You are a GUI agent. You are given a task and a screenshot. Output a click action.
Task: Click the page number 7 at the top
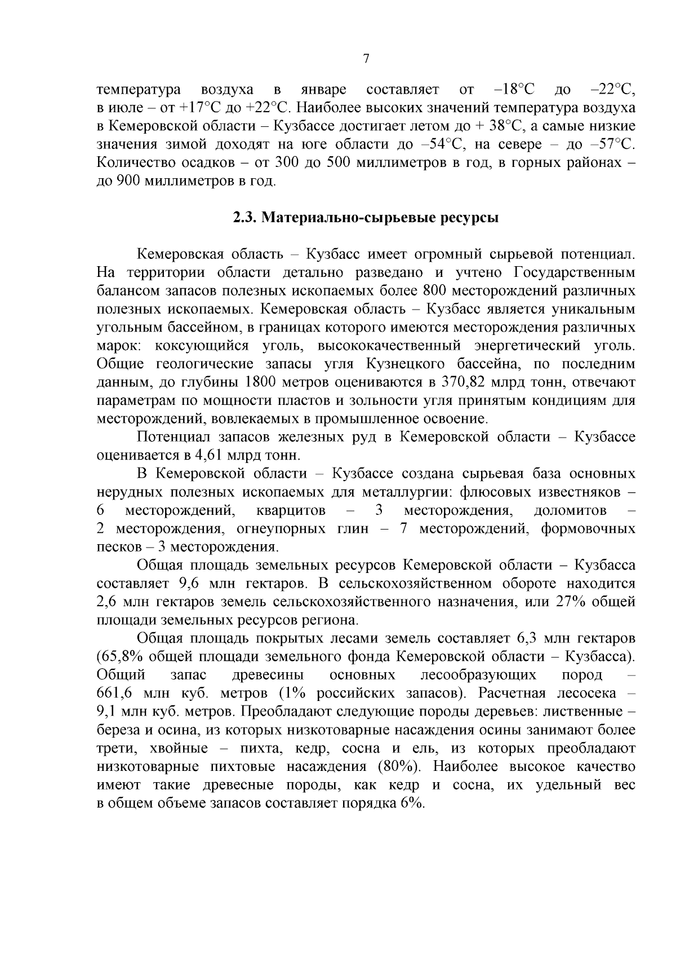pos(366,59)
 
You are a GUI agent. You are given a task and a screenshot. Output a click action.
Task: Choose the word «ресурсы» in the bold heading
pos(472,218)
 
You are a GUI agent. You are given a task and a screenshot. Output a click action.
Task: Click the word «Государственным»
pos(575,273)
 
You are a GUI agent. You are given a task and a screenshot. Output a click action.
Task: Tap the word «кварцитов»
pos(291,510)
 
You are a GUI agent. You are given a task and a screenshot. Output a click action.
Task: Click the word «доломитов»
pos(570,510)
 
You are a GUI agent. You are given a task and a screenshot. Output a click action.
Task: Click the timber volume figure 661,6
pos(115,693)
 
